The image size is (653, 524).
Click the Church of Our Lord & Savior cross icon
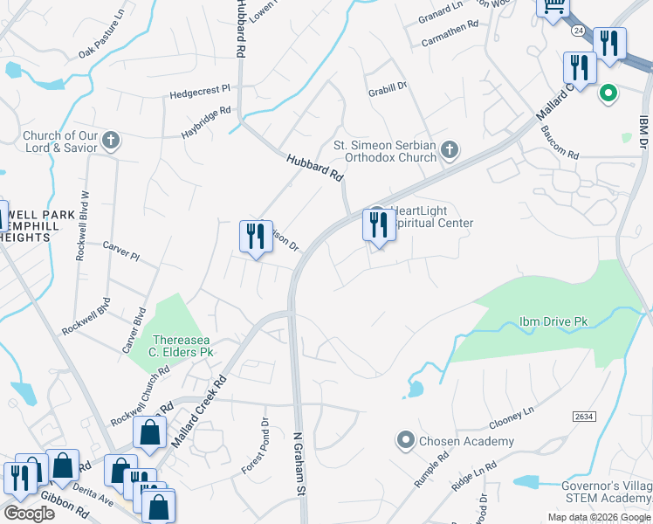[111, 140]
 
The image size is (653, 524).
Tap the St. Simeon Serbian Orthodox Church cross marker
[450, 151]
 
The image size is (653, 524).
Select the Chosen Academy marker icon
[405, 441]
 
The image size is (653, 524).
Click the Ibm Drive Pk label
[554, 322]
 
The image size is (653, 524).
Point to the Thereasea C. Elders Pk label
[182, 346]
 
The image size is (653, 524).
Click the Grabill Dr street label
[388, 87]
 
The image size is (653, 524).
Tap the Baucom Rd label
[560, 143]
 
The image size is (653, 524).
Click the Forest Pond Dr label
[256, 446]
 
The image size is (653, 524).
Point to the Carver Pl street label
[120, 250]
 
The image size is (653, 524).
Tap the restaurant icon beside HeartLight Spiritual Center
[378, 225]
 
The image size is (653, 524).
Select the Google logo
[29, 514]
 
